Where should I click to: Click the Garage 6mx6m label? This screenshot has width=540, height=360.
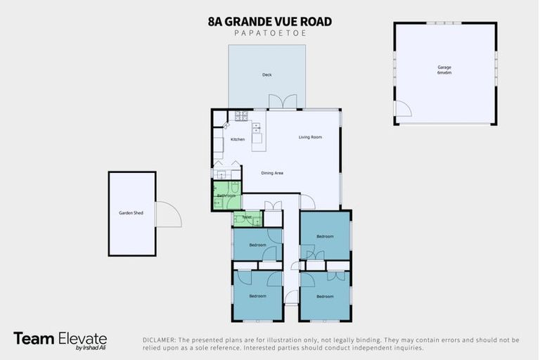tap(444, 70)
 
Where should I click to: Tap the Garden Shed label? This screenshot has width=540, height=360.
tap(131, 212)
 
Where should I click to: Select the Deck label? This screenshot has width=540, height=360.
tap(267, 75)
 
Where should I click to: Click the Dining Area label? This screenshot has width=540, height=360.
tap(272, 173)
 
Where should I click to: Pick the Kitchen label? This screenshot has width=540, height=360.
tap(238, 139)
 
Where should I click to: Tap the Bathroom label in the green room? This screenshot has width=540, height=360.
tap(226, 195)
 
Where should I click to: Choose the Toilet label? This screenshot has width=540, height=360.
tap(247, 218)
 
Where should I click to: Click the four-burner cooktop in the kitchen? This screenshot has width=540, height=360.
tap(241, 115)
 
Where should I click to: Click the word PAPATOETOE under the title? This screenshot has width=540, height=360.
tap(270, 34)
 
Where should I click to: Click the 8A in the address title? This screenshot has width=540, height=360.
tap(216, 22)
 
